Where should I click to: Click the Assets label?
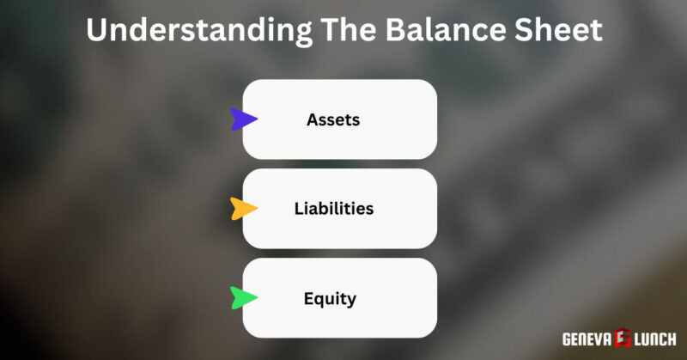[x=333, y=120]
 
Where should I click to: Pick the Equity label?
[x=330, y=300]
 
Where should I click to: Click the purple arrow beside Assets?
[x=243, y=120]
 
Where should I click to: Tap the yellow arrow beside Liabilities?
[x=243, y=209]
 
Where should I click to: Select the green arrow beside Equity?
[x=243, y=298]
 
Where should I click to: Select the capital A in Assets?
[x=312, y=120]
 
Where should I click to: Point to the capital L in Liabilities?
[x=297, y=209]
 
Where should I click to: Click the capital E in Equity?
[x=308, y=299]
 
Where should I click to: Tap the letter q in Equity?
[x=319, y=301]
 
